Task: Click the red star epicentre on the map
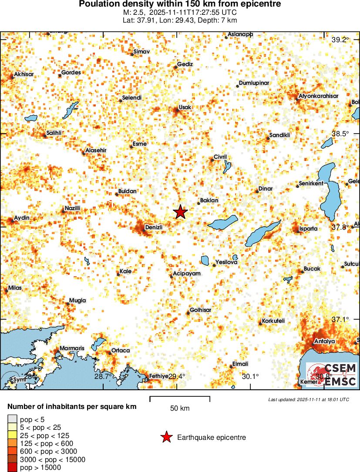180,212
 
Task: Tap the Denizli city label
154,228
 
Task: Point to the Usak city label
185,107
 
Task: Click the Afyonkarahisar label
319,96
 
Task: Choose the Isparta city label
309,228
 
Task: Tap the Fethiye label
159,376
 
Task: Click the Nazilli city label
73,209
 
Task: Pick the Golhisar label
200,310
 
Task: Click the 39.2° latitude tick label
340,40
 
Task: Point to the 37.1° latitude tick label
340,319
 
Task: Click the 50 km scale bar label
180,408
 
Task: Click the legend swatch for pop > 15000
12,468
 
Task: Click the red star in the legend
166,438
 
